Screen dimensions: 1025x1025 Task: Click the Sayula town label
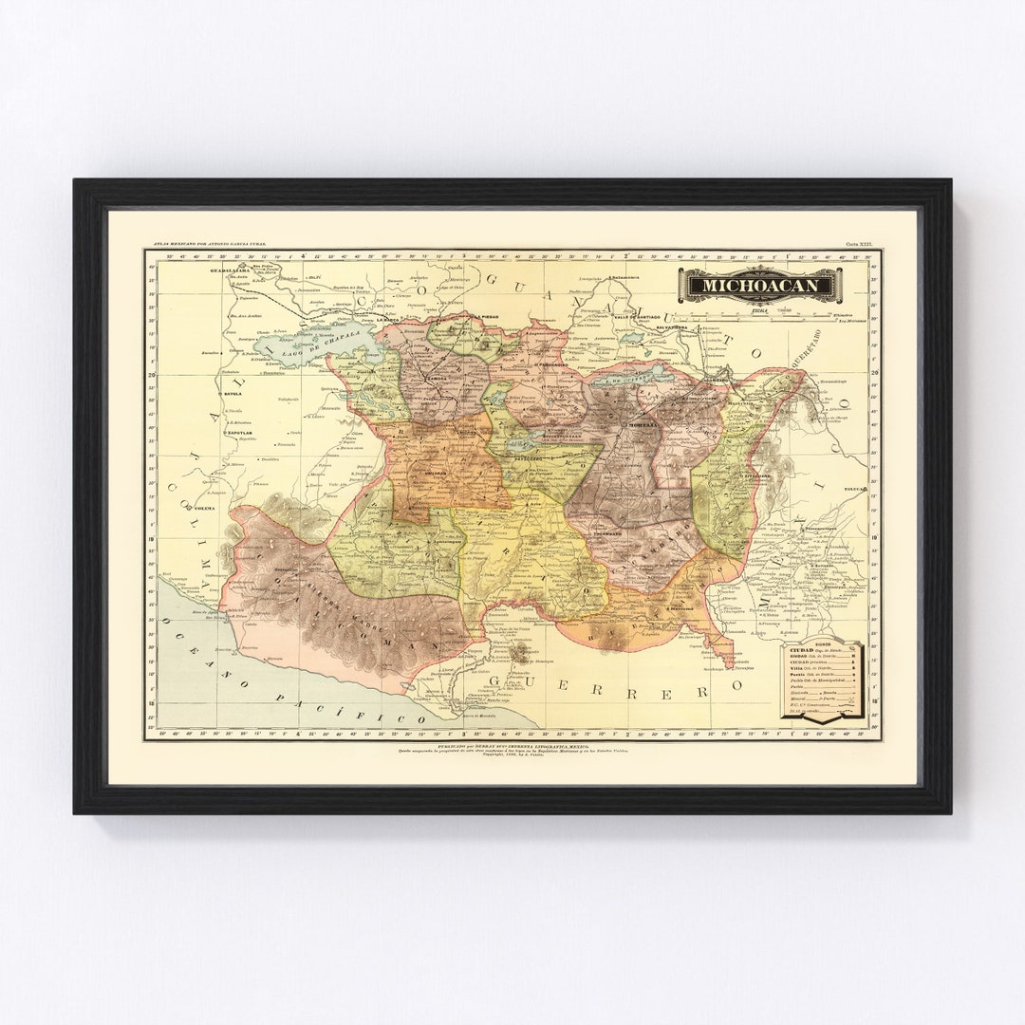coord(233,392)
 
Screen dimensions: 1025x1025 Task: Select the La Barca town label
coord(387,319)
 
